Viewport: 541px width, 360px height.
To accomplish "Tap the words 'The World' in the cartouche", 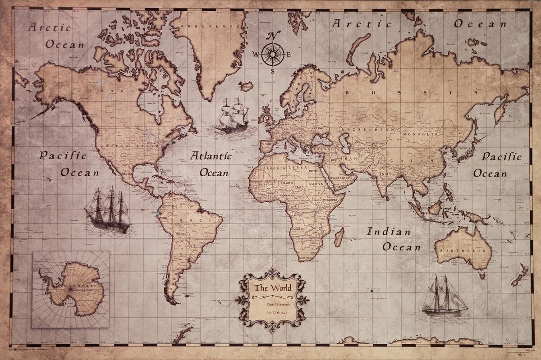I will (x=272, y=287).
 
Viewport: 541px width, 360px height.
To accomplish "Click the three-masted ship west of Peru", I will (x=108, y=210).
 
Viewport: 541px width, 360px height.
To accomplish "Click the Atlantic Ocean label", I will (x=211, y=164).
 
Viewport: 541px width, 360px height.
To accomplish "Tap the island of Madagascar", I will (x=339, y=237).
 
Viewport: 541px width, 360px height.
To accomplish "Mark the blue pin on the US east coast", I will (x=171, y=142).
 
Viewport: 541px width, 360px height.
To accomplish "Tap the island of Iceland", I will (x=246, y=86).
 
